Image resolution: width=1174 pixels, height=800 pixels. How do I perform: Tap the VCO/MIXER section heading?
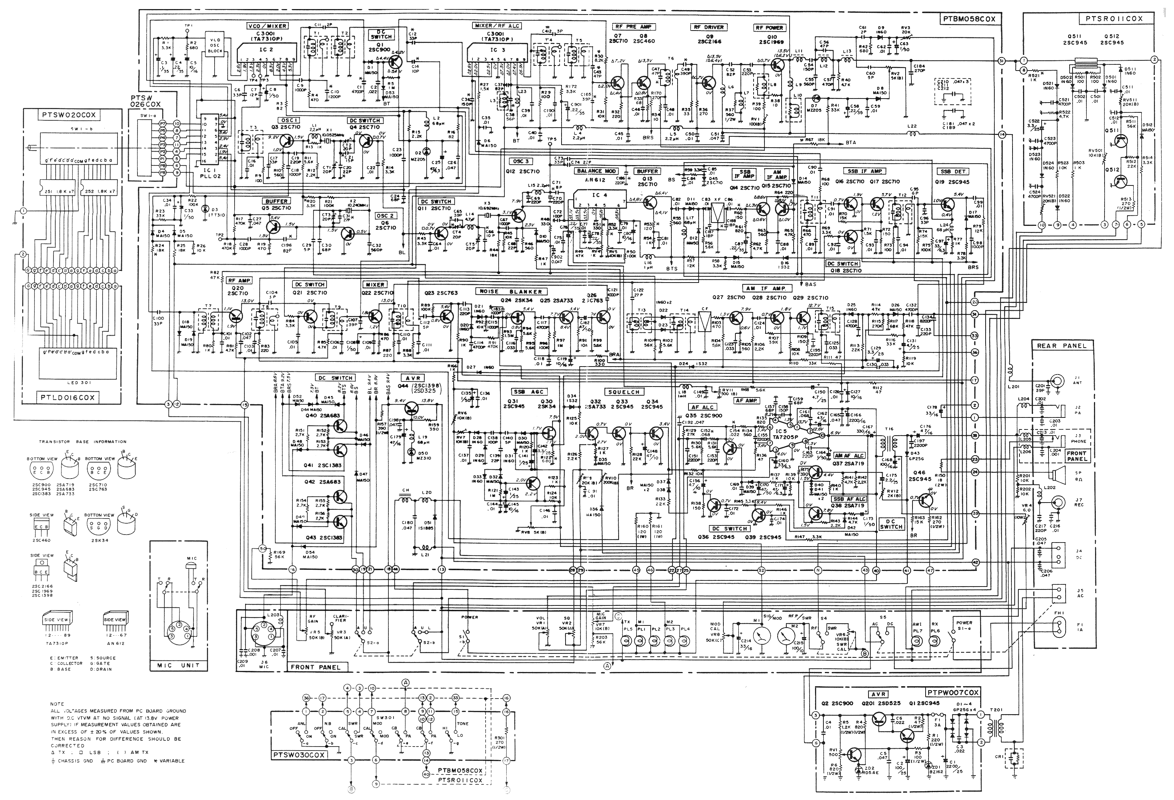pyautogui.click(x=267, y=26)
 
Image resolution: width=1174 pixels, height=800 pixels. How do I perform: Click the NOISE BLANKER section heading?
pyautogui.click(x=511, y=291)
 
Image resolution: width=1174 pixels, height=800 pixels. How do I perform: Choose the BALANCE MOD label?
pyautogui.click(x=596, y=171)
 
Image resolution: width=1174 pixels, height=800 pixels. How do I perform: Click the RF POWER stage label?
pyautogui.click(x=769, y=28)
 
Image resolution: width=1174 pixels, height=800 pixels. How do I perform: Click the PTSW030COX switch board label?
pyautogui.click(x=299, y=755)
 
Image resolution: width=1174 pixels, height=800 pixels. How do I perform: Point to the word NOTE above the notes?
pyautogui.click(x=57, y=704)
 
